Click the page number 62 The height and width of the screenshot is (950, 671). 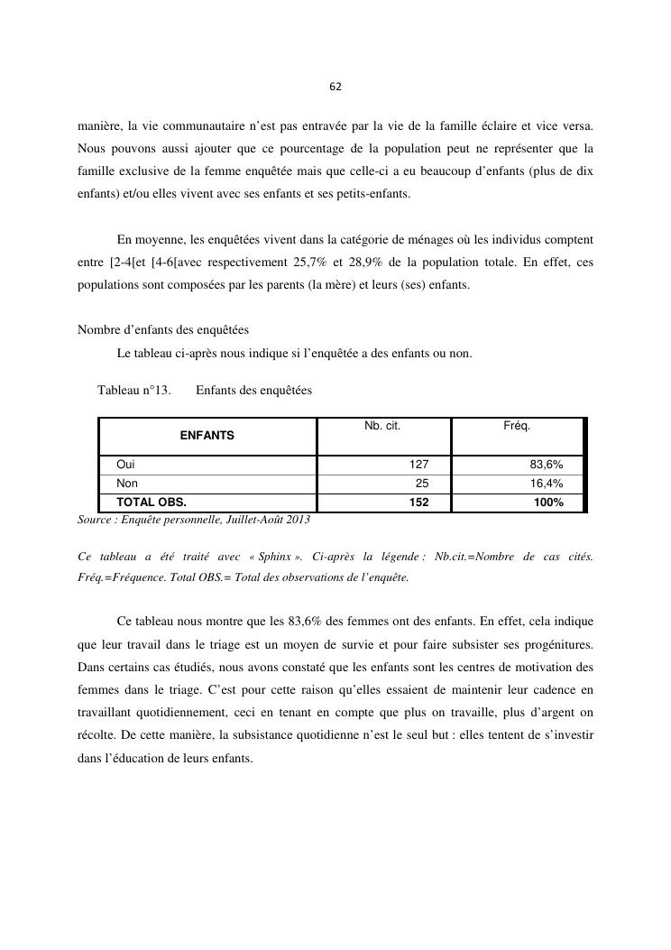coord(335,87)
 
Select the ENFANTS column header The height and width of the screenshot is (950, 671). coord(207,435)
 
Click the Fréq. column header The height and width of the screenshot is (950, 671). coord(517,425)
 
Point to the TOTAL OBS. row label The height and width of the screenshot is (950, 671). coord(151,503)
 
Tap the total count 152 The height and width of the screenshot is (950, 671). coord(418,503)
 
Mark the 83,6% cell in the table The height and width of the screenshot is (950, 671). coord(547,465)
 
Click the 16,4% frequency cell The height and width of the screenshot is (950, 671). coord(547,484)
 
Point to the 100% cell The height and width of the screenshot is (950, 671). coord(548,503)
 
